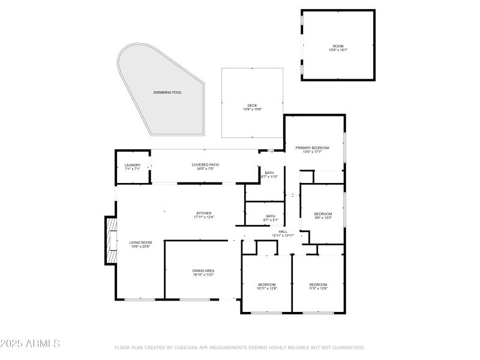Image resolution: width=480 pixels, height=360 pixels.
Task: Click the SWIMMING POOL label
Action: click(167, 92)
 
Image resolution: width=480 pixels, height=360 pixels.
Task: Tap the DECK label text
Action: click(252, 106)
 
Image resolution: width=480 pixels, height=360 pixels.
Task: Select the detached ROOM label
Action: click(338, 46)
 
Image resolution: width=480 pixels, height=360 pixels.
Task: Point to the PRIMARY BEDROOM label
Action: click(312, 148)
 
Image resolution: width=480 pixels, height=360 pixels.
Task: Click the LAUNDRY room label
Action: click(132, 165)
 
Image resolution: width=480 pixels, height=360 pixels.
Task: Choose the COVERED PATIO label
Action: click(205, 165)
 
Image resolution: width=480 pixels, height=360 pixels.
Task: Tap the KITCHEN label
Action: click(204, 213)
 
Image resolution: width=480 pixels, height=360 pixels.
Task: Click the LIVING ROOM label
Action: click(140, 242)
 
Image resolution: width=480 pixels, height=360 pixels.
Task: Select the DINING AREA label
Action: click(203, 271)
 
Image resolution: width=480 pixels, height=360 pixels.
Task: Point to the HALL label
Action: click(283, 231)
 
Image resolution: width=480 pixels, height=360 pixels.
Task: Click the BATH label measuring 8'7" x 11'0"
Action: click(269, 173)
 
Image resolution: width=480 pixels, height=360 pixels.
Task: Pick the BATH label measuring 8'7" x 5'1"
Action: click(271, 216)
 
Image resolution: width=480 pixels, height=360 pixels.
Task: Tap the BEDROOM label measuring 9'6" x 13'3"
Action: click(323, 214)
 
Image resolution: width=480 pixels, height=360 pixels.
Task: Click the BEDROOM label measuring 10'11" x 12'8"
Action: click(266, 284)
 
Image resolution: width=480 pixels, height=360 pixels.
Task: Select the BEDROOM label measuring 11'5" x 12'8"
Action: click(318, 284)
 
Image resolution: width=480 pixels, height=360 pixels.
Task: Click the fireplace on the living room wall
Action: click(110, 240)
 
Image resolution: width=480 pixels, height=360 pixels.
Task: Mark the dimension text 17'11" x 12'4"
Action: click(204, 217)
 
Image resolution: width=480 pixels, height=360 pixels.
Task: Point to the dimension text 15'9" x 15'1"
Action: click(338, 50)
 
